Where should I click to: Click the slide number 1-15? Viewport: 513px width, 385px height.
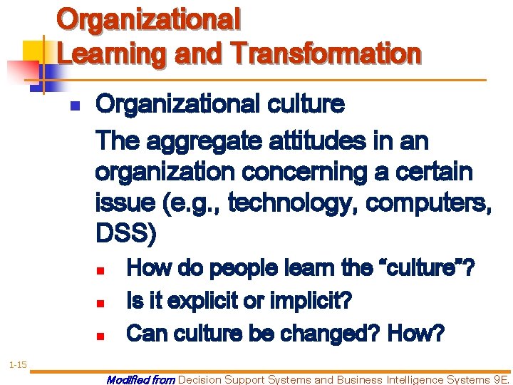pos(18,345)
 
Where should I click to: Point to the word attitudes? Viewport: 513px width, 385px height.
pos(304,142)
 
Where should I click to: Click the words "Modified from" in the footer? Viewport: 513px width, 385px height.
pos(140,380)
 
